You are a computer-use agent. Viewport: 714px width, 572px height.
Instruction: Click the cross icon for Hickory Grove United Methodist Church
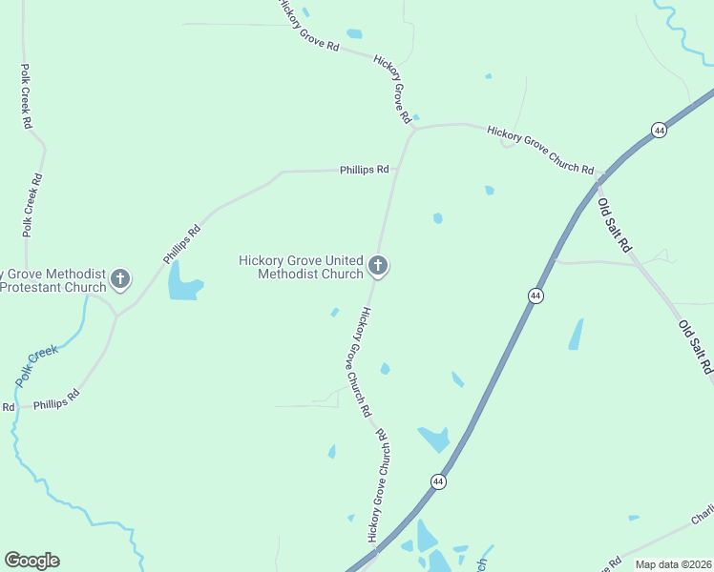(x=378, y=266)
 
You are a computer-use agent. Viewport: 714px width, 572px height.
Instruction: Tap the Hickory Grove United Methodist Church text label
(x=301, y=267)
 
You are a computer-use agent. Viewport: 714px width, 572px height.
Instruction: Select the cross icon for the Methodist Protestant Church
(x=119, y=279)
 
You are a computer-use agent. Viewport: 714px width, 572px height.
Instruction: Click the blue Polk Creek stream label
(x=36, y=366)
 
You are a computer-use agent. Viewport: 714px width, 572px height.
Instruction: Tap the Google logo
(x=31, y=560)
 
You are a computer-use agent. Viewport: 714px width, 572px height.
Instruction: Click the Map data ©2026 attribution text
(x=673, y=564)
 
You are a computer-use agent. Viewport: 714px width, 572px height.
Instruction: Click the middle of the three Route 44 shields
(x=535, y=296)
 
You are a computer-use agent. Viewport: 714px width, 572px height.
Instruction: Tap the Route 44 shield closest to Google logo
(x=438, y=482)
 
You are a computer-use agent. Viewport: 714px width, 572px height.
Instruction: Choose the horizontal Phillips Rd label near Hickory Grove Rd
(x=365, y=170)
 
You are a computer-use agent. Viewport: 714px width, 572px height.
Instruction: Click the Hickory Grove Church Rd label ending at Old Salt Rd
(x=540, y=149)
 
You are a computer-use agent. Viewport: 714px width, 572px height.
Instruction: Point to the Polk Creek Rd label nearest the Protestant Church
(x=31, y=204)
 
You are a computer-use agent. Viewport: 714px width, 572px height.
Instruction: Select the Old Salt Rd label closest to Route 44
(x=614, y=225)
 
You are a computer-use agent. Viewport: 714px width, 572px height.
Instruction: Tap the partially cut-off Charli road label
(x=703, y=515)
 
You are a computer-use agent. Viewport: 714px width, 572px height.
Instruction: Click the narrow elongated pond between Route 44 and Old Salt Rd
(x=576, y=334)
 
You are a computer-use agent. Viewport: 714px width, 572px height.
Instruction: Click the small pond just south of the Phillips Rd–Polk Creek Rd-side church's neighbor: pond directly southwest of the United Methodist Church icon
(x=334, y=312)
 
